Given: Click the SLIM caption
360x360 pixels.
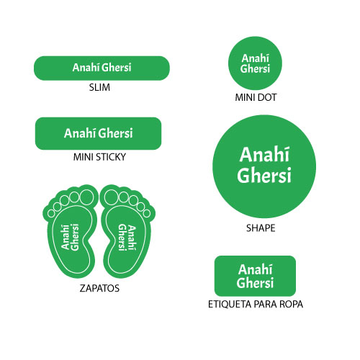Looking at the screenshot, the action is [99, 87].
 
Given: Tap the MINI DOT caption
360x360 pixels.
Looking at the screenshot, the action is [256, 97].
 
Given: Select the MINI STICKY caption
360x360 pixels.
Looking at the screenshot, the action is [99, 157].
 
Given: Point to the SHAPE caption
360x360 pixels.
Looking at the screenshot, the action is [261, 228].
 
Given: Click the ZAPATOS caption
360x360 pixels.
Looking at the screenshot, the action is [99, 288].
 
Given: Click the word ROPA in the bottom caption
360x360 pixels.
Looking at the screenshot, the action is [291, 305].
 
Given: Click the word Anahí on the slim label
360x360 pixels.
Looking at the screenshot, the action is [86, 68].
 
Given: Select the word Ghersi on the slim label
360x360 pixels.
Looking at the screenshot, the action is [117, 68].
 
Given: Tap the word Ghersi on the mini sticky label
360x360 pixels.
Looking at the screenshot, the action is [116, 133].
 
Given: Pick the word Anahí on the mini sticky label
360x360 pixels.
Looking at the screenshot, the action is [80, 133].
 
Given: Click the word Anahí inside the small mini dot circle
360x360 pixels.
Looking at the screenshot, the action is [256, 58].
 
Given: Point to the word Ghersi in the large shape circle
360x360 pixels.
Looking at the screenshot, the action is [264, 175].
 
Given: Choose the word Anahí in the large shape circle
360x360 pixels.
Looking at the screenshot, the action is [264, 155].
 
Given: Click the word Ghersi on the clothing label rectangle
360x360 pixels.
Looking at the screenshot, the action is [255, 282].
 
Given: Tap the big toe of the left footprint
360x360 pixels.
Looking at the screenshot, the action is [86, 197].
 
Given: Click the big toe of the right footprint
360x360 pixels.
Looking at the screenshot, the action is [111, 197].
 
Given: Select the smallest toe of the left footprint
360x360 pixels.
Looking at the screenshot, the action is [51, 213].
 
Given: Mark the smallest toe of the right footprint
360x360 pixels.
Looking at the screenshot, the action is [147, 213].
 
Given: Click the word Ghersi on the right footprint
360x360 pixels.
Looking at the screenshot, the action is [122, 238].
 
